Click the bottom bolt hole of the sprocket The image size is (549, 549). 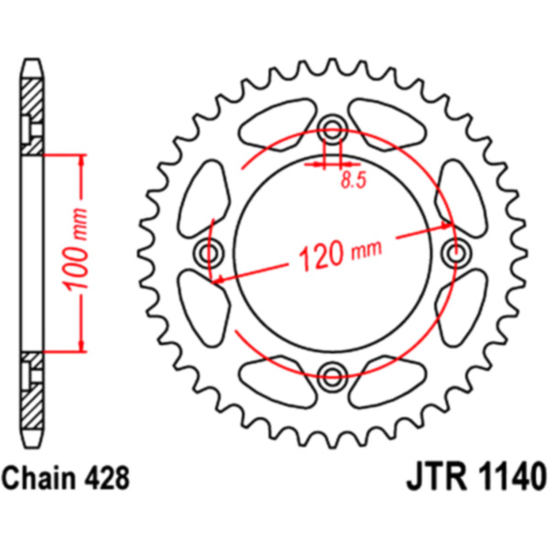332,377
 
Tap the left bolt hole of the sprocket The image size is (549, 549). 209,253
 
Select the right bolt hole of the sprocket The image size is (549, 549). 456,253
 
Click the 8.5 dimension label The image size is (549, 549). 353,180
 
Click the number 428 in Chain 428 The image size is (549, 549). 107,478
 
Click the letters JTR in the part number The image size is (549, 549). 436,477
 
